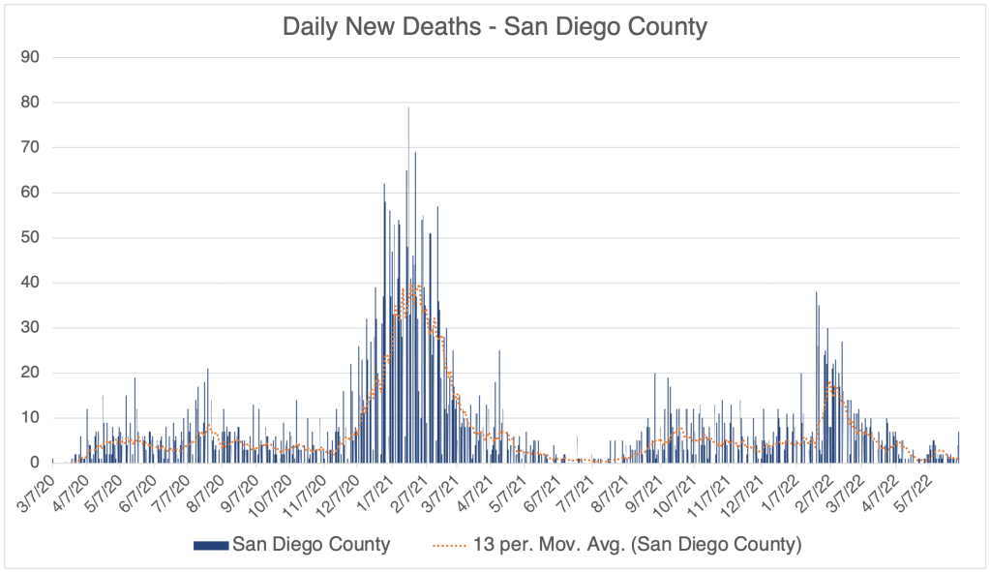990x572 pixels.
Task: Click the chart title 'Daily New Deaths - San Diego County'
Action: [x=495, y=26]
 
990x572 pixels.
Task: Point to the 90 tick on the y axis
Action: [x=29, y=57]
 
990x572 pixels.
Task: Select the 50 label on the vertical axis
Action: [x=29, y=237]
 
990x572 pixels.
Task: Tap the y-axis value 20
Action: [x=29, y=373]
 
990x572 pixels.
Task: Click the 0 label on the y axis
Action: [x=33, y=463]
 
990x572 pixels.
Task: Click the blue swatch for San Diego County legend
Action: [x=211, y=545]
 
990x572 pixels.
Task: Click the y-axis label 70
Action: [x=29, y=147]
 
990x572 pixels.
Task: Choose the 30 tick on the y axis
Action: [x=29, y=327]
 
